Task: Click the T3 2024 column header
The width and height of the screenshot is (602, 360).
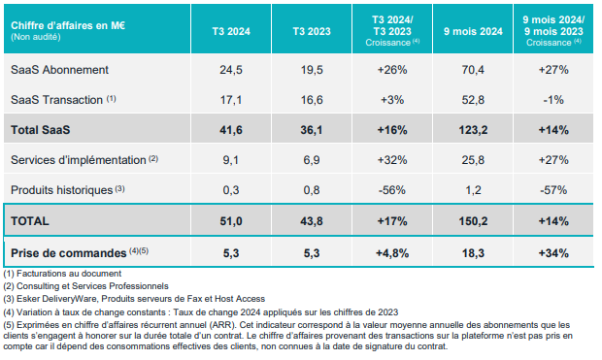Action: [x=231, y=31]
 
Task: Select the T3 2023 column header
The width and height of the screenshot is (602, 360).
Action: [x=312, y=31]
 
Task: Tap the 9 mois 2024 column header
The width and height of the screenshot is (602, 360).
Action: [x=473, y=31]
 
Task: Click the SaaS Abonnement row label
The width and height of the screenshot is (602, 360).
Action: [x=59, y=70]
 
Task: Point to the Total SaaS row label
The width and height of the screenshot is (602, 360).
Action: [x=41, y=130]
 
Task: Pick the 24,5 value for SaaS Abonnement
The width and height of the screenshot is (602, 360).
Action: [x=231, y=70]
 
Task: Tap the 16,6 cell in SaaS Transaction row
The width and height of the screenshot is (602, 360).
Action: [x=312, y=100]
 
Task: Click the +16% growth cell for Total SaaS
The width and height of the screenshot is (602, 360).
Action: [x=392, y=130]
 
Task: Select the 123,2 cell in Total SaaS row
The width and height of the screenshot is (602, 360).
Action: [x=473, y=130]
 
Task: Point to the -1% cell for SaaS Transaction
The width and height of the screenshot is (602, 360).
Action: [x=553, y=100]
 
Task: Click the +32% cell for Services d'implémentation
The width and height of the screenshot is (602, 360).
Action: [x=392, y=160]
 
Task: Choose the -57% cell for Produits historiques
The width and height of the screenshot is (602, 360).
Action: [x=553, y=190]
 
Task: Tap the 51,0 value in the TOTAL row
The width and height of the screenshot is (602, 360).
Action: [x=231, y=221]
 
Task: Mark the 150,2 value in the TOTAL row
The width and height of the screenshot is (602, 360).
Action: [x=473, y=221]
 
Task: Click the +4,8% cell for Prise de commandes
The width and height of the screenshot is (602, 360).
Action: [x=392, y=253]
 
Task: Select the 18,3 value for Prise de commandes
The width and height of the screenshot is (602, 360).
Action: [x=473, y=253]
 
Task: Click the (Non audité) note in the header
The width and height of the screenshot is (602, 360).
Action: [x=36, y=37]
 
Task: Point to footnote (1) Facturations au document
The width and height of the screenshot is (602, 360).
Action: [x=62, y=274]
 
